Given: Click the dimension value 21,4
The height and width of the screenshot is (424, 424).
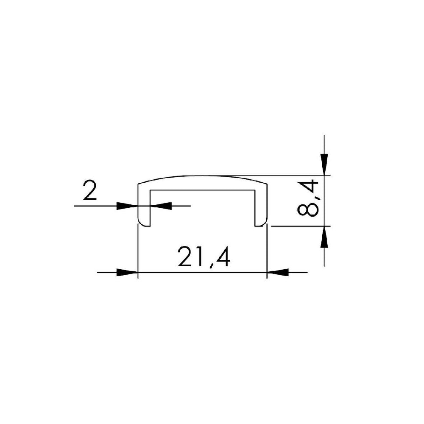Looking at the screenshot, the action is [204, 257].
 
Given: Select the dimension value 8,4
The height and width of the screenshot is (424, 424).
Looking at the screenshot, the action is [308, 198].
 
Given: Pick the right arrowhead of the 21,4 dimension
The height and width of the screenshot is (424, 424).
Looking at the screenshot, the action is [278, 272].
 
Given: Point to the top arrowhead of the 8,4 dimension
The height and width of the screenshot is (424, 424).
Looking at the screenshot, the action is [324, 165].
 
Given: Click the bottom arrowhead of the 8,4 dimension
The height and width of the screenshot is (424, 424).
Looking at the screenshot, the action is [324, 237].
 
